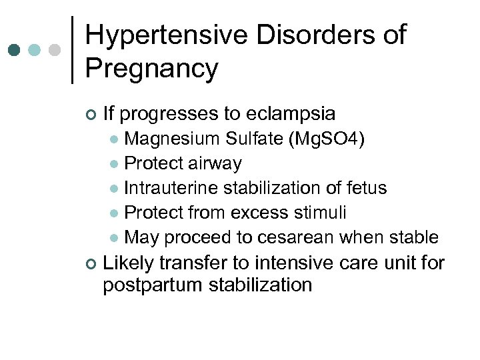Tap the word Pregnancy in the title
click(x=151, y=69)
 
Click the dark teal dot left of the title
click(x=14, y=50)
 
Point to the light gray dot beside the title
click(x=55, y=50)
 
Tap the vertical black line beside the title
click(x=72, y=50)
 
